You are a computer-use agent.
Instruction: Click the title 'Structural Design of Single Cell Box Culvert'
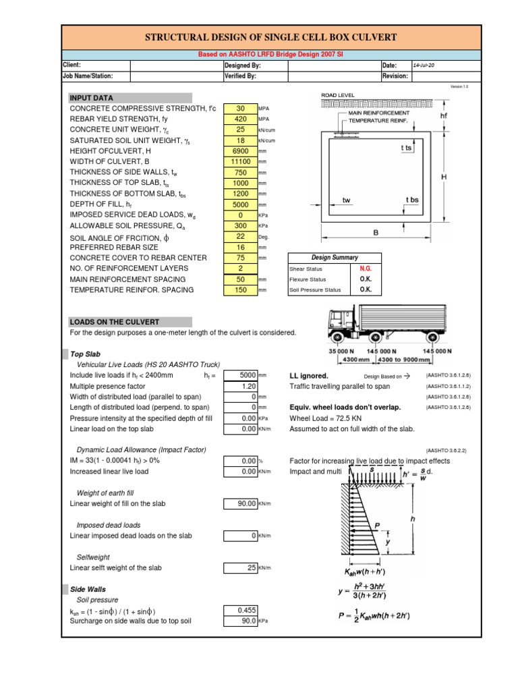click(x=272, y=38)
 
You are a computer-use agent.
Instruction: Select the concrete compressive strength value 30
click(x=239, y=109)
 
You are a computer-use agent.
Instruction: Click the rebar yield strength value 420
click(x=239, y=119)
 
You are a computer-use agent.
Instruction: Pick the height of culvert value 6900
click(x=239, y=151)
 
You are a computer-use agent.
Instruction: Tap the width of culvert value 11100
click(x=239, y=162)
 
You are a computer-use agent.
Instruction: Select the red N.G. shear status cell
click(x=366, y=268)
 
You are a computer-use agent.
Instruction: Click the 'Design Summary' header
click(x=335, y=257)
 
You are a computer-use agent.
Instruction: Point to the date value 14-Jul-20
click(x=425, y=65)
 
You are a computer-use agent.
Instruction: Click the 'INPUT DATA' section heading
click(x=92, y=98)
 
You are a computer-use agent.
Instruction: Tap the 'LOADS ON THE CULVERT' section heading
click(x=115, y=322)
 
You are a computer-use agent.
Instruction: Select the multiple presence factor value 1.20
click(x=239, y=386)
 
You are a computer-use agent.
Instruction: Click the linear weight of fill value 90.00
click(x=239, y=503)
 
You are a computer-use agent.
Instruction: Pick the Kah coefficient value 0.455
click(x=239, y=610)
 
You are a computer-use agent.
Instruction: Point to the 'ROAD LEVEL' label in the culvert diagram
click(x=337, y=96)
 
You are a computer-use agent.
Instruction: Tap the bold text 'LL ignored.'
click(x=309, y=375)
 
